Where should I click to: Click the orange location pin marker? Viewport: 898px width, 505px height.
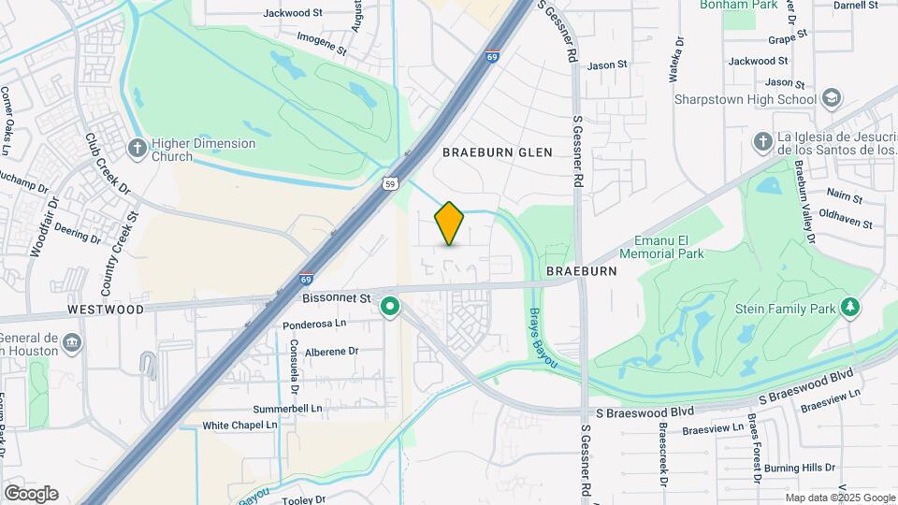(x=450, y=224)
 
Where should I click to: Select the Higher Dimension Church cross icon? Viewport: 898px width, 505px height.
(x=137, y=148)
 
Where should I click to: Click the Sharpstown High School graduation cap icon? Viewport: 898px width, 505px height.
(x=832, y=98)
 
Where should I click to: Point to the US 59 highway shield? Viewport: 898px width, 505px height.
(x=390, y=183)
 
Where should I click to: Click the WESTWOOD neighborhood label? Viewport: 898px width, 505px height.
(x=106, y=309)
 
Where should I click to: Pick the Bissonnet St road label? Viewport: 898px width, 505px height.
(x=338, y=297)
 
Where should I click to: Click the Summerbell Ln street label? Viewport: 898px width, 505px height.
(x=287, y=409)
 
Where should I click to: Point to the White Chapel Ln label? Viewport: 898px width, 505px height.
(x=240, y=425)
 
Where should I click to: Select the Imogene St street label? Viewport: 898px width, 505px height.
(x=322, y=38)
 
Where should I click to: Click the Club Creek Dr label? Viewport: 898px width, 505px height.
(x=107, y=163)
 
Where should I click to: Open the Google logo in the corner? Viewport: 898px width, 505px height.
(x=31, y=494)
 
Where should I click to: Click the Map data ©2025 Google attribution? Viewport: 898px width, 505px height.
(x=839, y=498)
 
